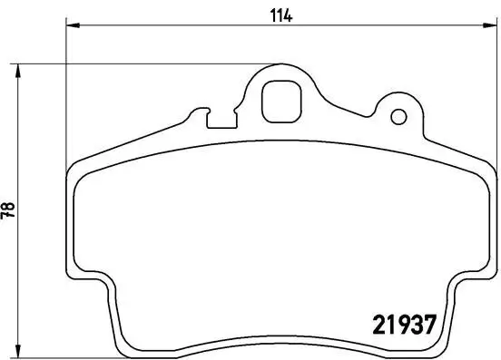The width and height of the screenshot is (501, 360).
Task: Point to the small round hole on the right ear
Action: (x=397, y=118)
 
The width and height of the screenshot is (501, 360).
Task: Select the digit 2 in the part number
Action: (x=381, y=323)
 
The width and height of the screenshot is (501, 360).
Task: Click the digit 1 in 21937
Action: (x=393, y=323)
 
